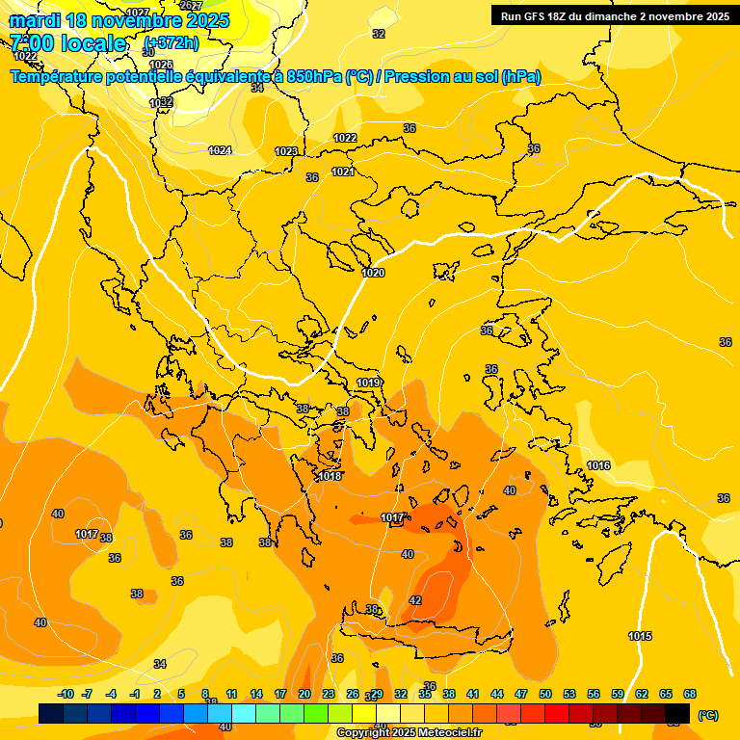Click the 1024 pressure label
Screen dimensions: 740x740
pos(220,150)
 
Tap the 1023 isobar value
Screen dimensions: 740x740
pos(286,151)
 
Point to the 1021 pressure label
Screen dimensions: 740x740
pos(343,172)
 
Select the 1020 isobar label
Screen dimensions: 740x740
pos(373,273)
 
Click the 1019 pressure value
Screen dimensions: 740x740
pos(368,383)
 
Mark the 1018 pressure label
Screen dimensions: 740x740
pos(330,476)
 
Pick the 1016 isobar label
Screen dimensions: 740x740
pos(598,465)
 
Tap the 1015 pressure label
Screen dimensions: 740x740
pos(640,636)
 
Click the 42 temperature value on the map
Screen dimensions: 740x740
pos(415,600)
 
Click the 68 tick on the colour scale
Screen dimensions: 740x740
pos(690,694)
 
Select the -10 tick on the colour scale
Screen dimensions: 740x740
pos(66,694)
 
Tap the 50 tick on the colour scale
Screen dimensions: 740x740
pos(545,694)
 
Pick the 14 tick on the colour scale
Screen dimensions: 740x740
pos(256,694)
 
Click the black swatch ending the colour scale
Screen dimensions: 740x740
pos(677,713)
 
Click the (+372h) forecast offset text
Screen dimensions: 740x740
pos(172,43)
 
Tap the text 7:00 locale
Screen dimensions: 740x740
pos(68,43)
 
